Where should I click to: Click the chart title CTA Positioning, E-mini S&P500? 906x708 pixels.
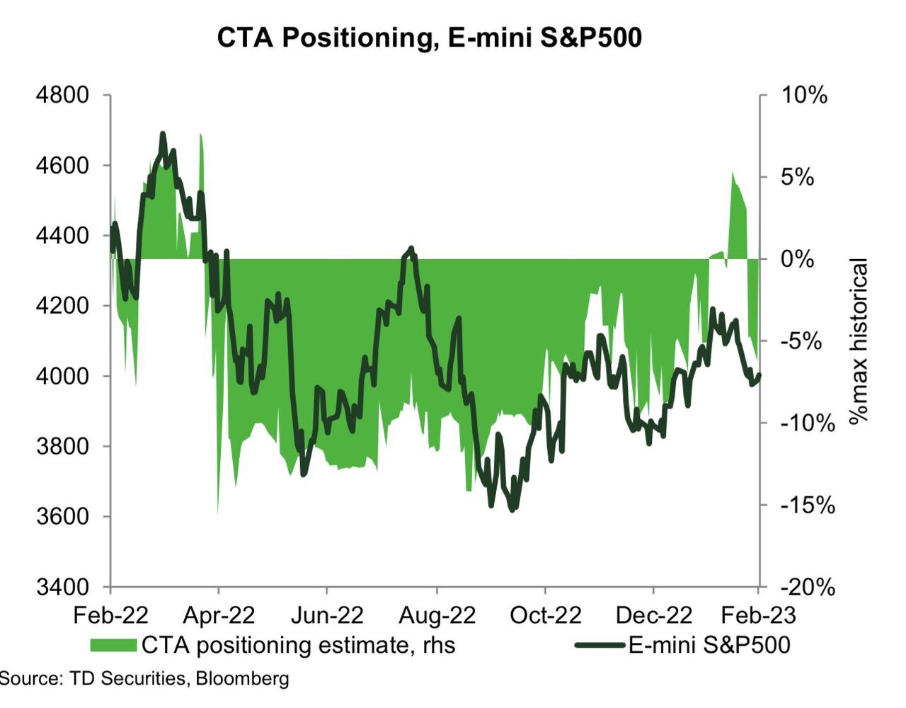pos(429,38)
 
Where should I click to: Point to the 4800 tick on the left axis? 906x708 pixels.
pos(62,95)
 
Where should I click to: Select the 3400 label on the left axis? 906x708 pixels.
pos(62,587)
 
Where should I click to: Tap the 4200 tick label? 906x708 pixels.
pos(62,306)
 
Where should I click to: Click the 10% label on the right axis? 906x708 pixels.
pos(803,95)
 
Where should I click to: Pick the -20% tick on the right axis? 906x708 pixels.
pos(808,587)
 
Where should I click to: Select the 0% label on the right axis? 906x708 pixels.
pos(798,259)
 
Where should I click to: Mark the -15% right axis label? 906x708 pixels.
pos(808,505)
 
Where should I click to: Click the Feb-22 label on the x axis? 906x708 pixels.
pos(110,615)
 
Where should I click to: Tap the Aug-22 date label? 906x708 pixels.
pos(437,615)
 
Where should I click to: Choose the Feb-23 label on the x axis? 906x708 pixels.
pos(758,615)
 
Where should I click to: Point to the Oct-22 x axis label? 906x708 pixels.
pos(545,615)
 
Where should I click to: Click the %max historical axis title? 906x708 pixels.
pos(858,341)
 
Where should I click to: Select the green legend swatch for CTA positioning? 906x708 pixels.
pos(113,645)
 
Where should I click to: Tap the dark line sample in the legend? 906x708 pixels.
pos(600,645)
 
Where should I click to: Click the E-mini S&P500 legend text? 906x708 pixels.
pos(709,645)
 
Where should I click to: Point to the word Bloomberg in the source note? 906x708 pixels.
pos(242,678)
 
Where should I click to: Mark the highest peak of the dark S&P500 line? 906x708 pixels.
pos(163,134)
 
